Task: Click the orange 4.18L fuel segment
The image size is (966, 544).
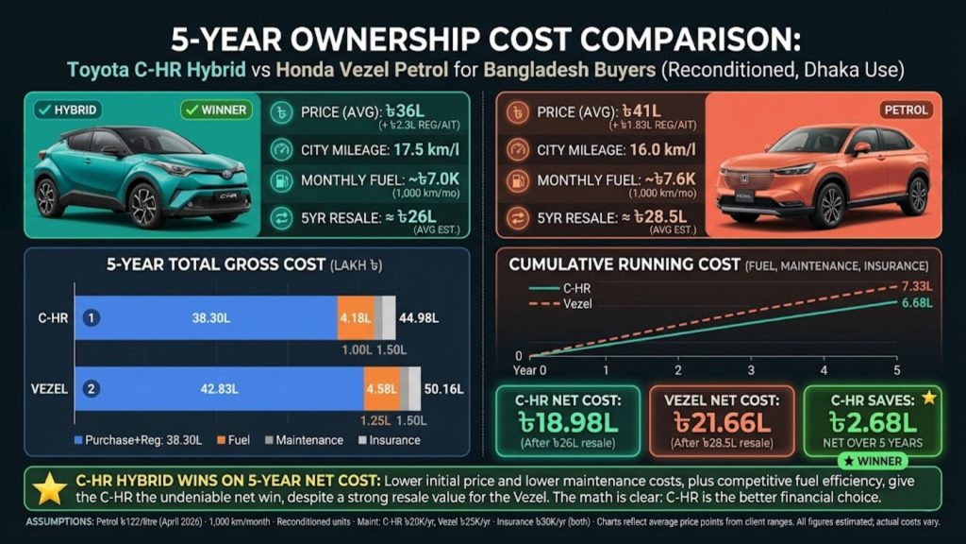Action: coord(355,318)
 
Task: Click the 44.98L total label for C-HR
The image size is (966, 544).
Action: coord(421,318)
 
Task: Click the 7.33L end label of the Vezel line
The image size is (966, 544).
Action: coord(915,286)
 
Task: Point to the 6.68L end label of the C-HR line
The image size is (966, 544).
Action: coord(915,303)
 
